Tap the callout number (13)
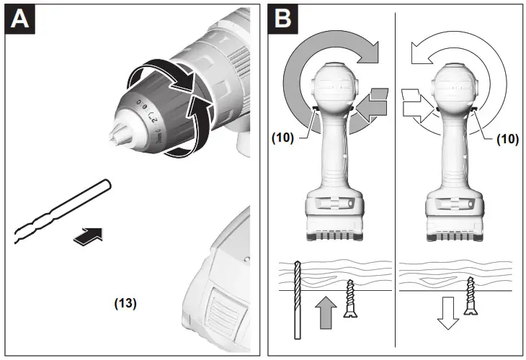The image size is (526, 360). pyautogui.click(x=125, y=303)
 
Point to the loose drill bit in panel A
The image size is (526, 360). pyautogui.click(x=61, y=212)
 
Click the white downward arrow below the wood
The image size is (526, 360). pyautogui.click(x=448, y=311)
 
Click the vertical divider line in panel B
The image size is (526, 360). pyautogui.click(x=396, y=180)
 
